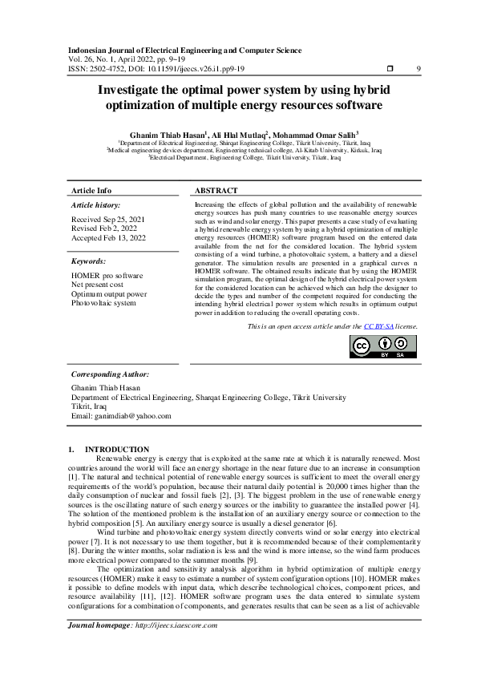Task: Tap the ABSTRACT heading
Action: (x=216, y=191)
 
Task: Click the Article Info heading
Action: (x=91, y=191)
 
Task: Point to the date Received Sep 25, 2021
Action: (x=108, y=219)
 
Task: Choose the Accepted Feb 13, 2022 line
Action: (x=109, y=237)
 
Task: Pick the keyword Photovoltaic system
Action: (x=103, y=303)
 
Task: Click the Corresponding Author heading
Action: (x=110, y=374)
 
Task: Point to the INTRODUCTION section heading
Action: (x=116, y=449)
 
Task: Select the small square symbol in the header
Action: (x=390, y=68)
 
